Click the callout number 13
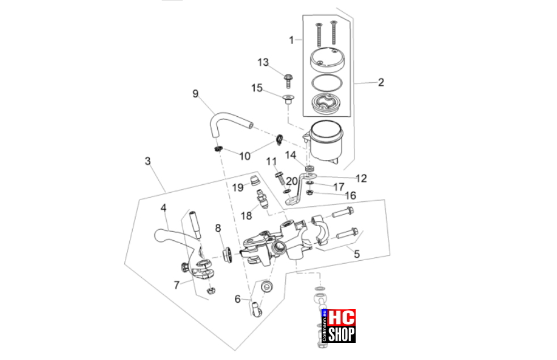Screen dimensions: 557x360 click(263, 62)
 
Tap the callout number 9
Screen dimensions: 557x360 click(195, 94)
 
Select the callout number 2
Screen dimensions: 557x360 click(381, 82)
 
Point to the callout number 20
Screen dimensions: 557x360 click(292, 181)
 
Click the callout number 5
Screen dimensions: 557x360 click(357, 254)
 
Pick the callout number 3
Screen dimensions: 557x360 click(148, 161)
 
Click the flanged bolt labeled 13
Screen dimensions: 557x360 click(288, 81)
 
